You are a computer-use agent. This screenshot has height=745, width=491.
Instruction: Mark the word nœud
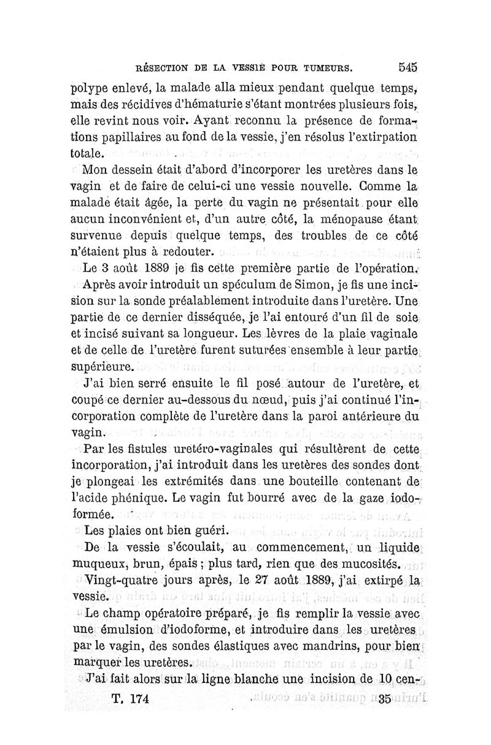pos(253,402)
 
